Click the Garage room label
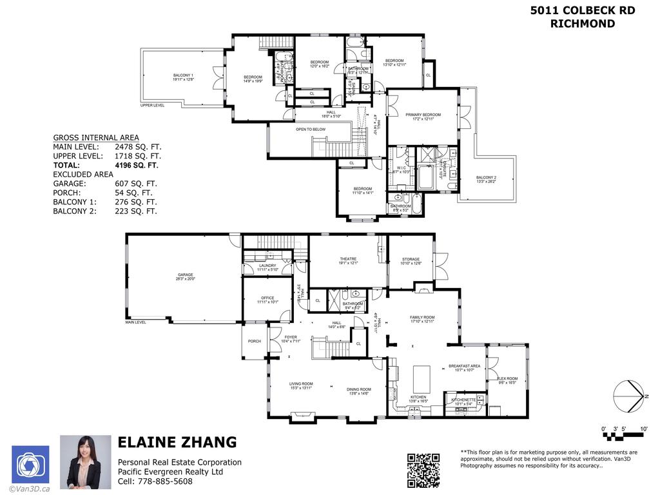coord(185,275)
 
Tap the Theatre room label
coord(348,259)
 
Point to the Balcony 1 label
coord(183,76)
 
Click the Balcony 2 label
coord(486,177)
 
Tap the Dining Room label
coord(359,389)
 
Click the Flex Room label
coord(508,378)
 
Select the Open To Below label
coord(311,130)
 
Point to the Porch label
coord(255,341)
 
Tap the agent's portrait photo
coord(81,461)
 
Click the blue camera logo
coord(30,464)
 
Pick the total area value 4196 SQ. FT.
coord(136,165)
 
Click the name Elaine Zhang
coord(177,443)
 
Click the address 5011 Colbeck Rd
coord(582,10)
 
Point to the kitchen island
coord(422,376)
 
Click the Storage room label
coord(411,259)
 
